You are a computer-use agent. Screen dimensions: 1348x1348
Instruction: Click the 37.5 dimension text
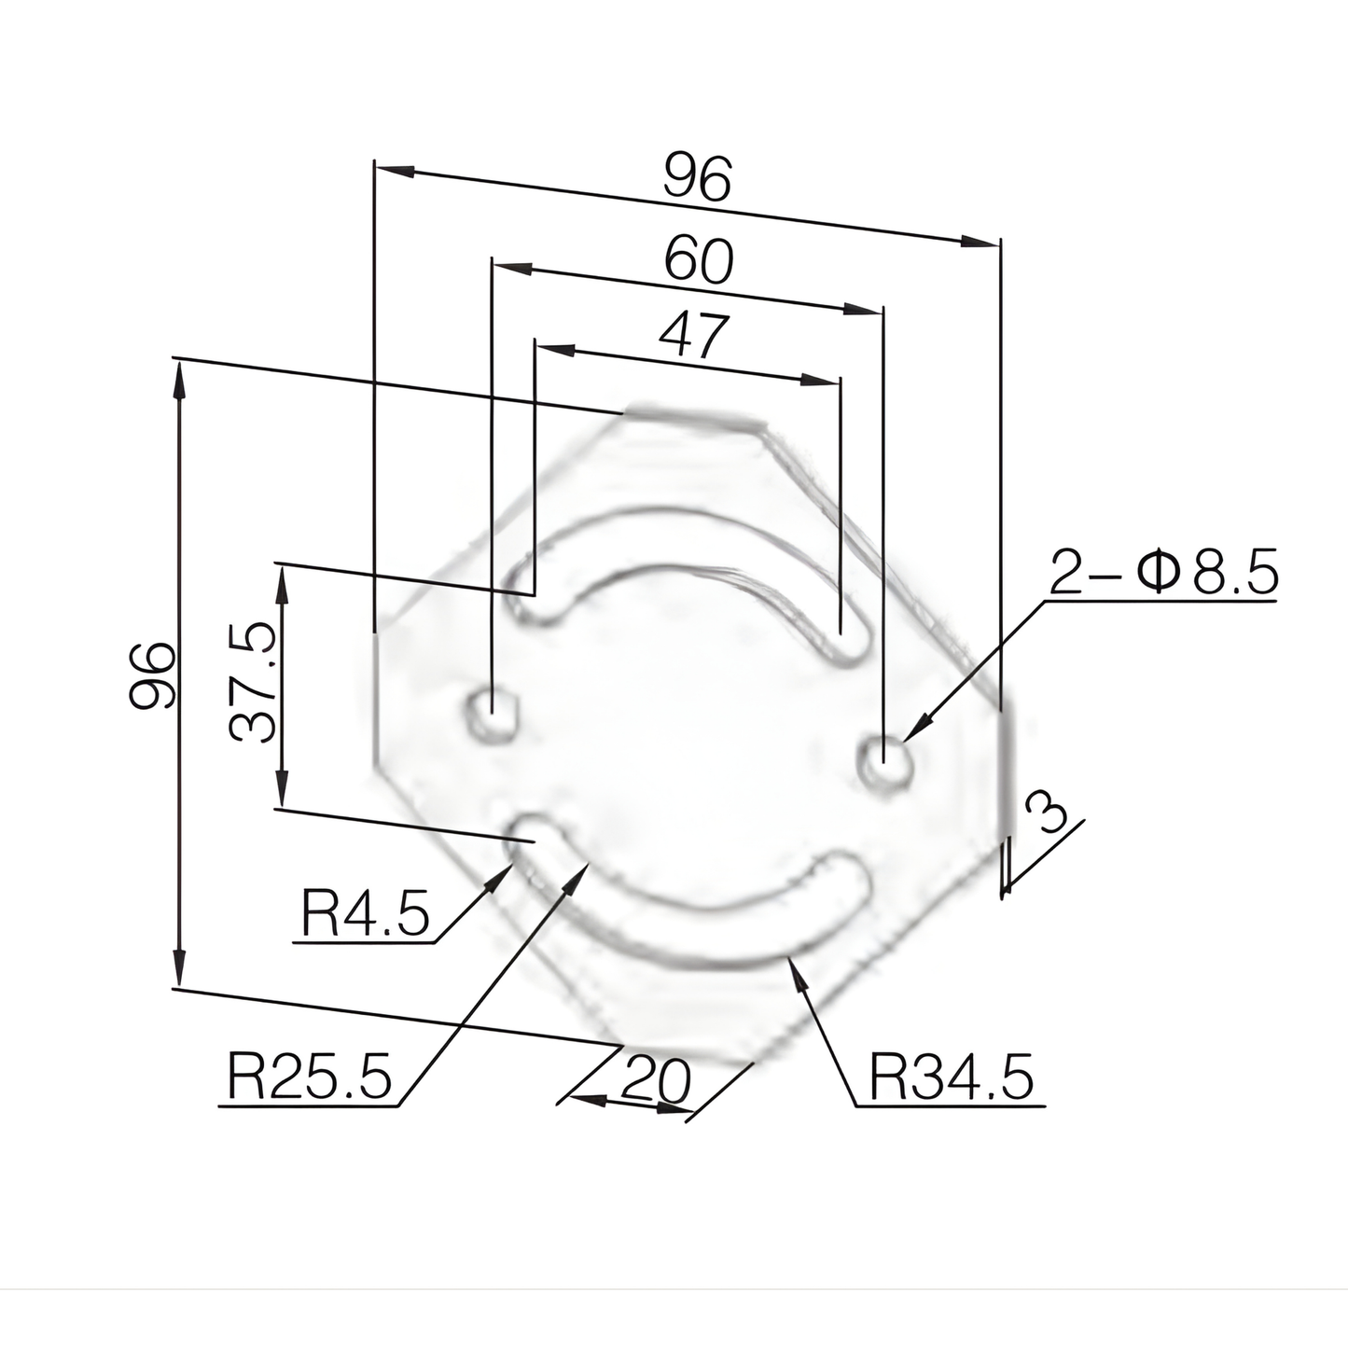coord(253,683)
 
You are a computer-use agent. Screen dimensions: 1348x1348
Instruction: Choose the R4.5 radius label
coord(365,913)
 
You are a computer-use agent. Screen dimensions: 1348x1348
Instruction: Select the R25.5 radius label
coord(309,1077)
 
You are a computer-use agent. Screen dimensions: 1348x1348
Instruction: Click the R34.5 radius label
coord(952,1077)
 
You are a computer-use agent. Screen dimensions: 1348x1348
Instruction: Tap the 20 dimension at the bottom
coord(656,1079)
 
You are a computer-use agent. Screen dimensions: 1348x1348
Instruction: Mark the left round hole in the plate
coord(492,714)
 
